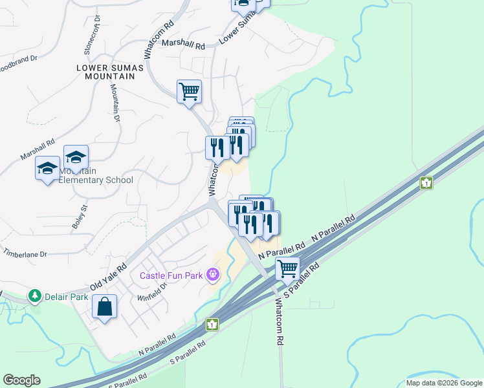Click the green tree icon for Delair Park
(x=34, y=297)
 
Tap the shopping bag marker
(x=104, y=308)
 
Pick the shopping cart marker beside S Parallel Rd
(x=287, y=268)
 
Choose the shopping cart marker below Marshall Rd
(x=189, y=91)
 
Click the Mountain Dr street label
(x=115, y=103)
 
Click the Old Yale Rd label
(x=108, y=275)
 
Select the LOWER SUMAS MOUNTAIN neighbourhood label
(x=105, y=71)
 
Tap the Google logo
(x=21, y=380)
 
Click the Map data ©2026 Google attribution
(x=444, y=383)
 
